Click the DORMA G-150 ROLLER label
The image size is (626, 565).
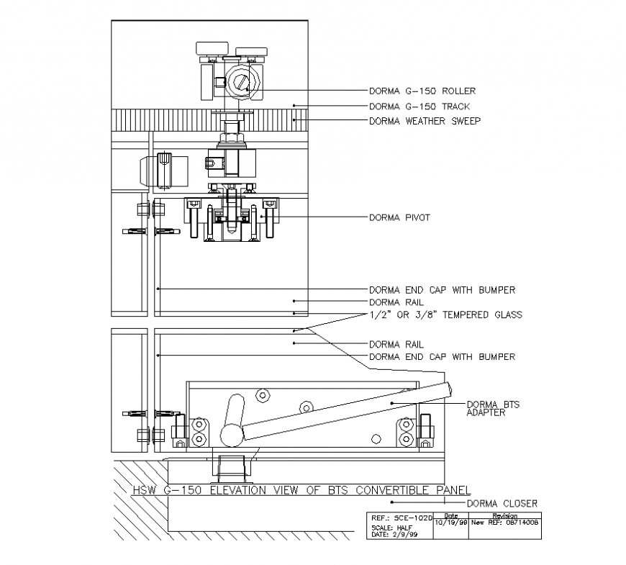422,91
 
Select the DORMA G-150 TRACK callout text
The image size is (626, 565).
419,107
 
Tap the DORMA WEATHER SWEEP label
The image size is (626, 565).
425,121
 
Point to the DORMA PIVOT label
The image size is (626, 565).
399,217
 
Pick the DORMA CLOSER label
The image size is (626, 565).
502,503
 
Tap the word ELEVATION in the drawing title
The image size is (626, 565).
241,491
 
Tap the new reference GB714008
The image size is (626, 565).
512,523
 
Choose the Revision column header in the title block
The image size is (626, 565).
504,516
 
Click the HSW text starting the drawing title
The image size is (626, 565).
145,491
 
